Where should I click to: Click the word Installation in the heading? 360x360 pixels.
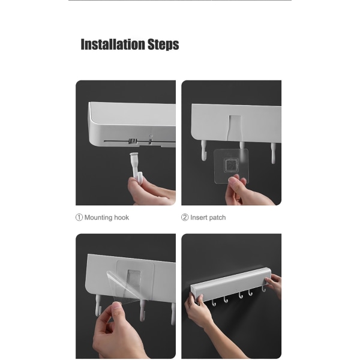[x=113, y=44]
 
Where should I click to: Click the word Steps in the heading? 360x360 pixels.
[x=163, y=44]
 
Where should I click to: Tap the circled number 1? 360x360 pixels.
[x=79, y=217]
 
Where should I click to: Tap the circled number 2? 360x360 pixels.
[x=185, y=217]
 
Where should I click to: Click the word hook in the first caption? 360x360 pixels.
[x=121, y=217]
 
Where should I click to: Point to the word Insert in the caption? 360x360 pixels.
[x=199, y=217]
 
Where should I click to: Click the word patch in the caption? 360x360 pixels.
[x=217, y=218]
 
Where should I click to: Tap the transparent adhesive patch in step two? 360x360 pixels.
[x=231, y=166]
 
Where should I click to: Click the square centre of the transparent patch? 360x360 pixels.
[x=231, y=165]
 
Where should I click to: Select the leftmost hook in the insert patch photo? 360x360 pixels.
[x=203, y=151]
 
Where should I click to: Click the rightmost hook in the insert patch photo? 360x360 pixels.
[x=273, y=153]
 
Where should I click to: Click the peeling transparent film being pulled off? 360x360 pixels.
[x=125, y=287]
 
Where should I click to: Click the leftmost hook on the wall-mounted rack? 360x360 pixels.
[x=214, y=303]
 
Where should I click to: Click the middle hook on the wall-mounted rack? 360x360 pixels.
[x=241, y=295]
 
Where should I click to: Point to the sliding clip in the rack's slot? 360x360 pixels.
[x=133, y=141]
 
